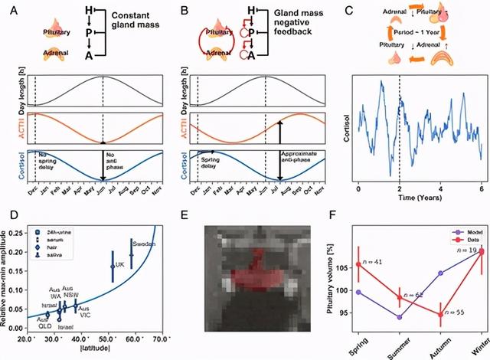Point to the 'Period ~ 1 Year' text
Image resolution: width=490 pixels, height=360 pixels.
pyautogui.click(x=413, y=36)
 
